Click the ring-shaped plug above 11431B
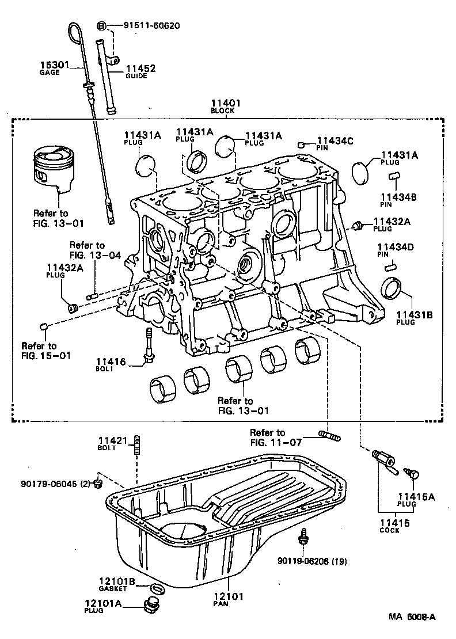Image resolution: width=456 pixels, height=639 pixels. point(393,288)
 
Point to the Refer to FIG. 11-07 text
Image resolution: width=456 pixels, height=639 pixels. point(267,437)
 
